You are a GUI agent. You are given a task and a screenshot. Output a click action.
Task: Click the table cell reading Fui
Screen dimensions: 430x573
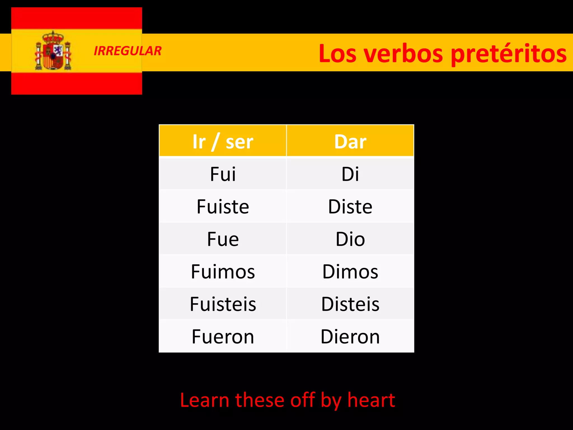click(x=223, y=174)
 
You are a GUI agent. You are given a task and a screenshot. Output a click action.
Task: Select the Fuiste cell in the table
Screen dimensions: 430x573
click(x=223, y=207)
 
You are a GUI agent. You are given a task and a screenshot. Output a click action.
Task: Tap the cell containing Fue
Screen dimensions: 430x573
click(x=223, y=239)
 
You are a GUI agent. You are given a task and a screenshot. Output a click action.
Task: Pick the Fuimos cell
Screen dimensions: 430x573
click(x=223, y=272)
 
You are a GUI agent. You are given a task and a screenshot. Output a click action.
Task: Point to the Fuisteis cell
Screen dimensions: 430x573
click(x=223, y=304)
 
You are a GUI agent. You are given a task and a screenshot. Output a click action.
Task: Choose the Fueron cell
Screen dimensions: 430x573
click(x=223, y=336)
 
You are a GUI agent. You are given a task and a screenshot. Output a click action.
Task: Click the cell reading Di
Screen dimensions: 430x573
click(x=350, y=174)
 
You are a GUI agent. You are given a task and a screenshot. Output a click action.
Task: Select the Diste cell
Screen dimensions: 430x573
click(x=350, y=207)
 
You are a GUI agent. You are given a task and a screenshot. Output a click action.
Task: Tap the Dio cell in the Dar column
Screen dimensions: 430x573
click(x=350, y=239)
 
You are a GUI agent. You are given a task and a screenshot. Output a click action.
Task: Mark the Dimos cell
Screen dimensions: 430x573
click(x=350, y=272)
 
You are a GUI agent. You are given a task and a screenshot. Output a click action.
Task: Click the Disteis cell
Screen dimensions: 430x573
click(x=350, y=304)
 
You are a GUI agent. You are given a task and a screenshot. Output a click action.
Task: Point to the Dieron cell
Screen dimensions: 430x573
click(x=350, y=336)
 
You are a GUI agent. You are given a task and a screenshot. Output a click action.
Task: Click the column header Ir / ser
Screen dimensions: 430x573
click(x=223, y=141)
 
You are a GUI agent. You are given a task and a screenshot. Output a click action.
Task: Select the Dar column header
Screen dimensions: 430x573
click(x=350, y=141)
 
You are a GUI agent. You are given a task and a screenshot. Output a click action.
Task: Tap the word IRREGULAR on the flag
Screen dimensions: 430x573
click(x=128, y=51)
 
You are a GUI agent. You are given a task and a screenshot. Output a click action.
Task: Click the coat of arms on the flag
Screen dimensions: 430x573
click(x=53, y=51)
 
